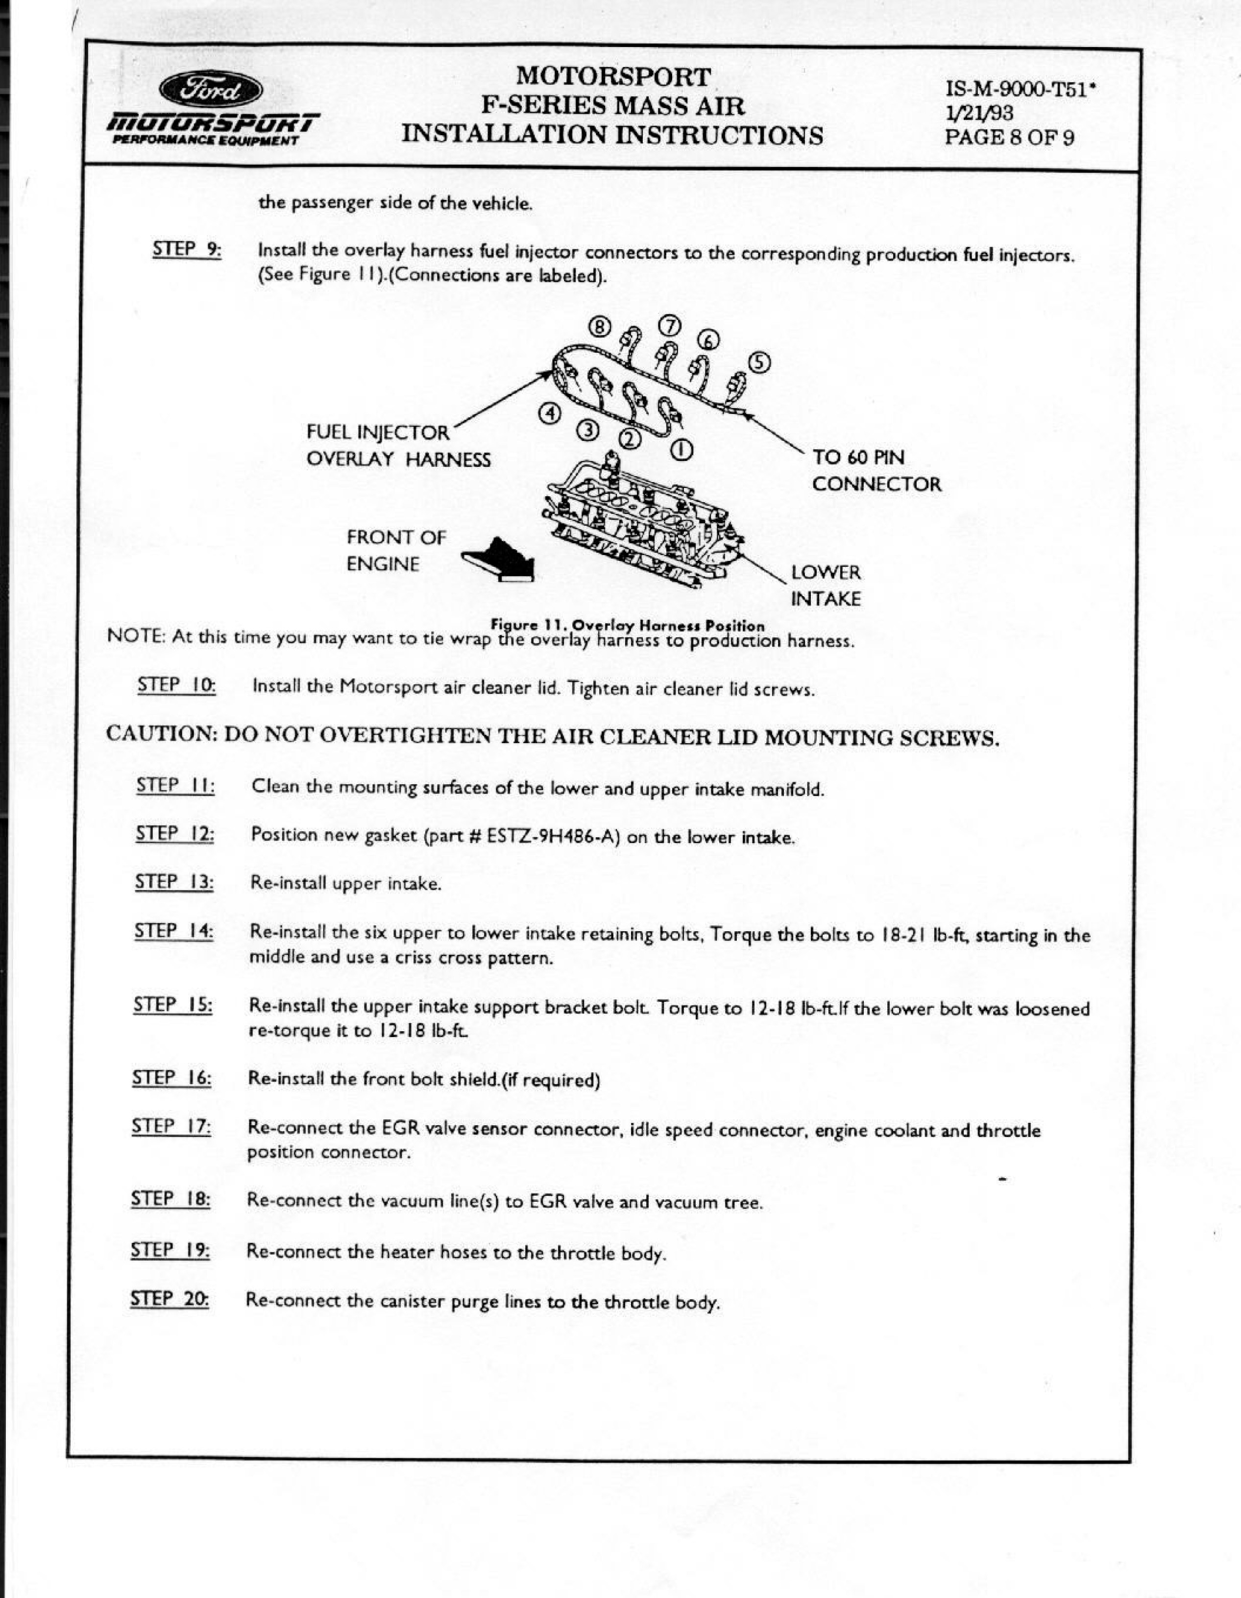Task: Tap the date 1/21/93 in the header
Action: coord(979,114)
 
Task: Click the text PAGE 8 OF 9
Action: coord(1009,138)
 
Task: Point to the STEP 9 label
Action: coord(187,249)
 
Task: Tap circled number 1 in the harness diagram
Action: coord(680,449)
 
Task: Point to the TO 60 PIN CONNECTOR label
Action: coord(876,470)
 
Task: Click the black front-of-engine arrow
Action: coord(499,560)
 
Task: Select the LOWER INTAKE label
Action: coord(826,585)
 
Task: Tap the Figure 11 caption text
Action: coord(627,626)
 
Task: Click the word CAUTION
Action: coord(161,734)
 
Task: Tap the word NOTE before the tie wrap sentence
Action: coord(136,635)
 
